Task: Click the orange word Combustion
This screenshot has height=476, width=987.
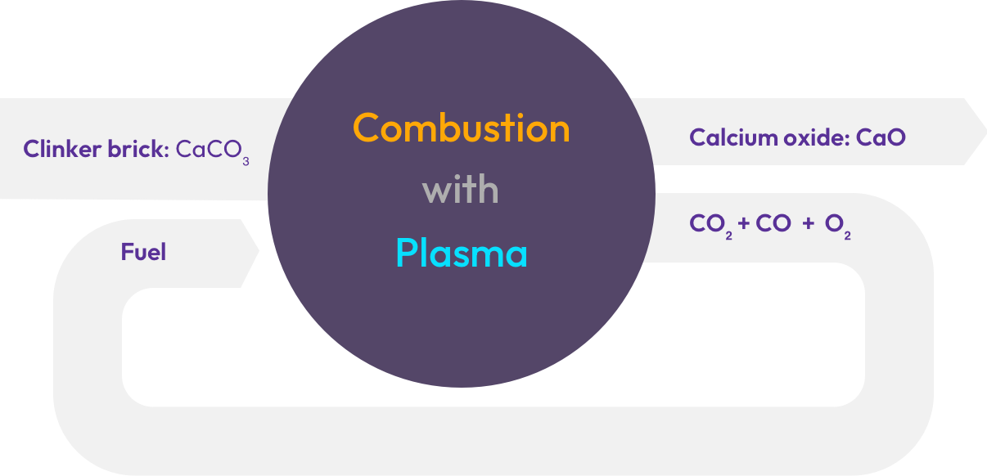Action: click(462, 128)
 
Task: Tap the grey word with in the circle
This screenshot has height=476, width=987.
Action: click(461, 189)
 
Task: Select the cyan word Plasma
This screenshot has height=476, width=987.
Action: click(462, 253)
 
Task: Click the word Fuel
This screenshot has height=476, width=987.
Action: click(144, 252)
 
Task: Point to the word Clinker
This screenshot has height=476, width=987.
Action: click(62, 149)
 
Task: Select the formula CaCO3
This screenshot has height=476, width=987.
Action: click(213, 151)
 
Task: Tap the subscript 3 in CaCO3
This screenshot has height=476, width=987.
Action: click(246, 162)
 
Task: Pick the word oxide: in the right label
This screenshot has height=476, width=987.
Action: click(817, 137)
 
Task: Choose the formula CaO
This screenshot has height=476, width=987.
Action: click(881, 137)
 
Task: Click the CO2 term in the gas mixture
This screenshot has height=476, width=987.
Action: click(710, 226)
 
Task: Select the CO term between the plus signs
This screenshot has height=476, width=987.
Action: click(773, 223)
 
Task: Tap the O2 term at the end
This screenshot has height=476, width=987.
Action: click(837, 226)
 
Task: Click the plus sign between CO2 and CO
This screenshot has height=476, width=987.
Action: click(744, 223)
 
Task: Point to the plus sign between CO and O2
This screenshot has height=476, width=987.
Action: click(808, 223)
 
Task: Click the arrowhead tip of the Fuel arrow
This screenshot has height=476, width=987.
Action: click(259, 251)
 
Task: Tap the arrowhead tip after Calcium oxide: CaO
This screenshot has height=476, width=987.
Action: click(986, 131)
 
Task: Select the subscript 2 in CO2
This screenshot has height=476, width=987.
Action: click(729, 236)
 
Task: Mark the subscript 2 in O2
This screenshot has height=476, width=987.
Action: click(847, 236)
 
